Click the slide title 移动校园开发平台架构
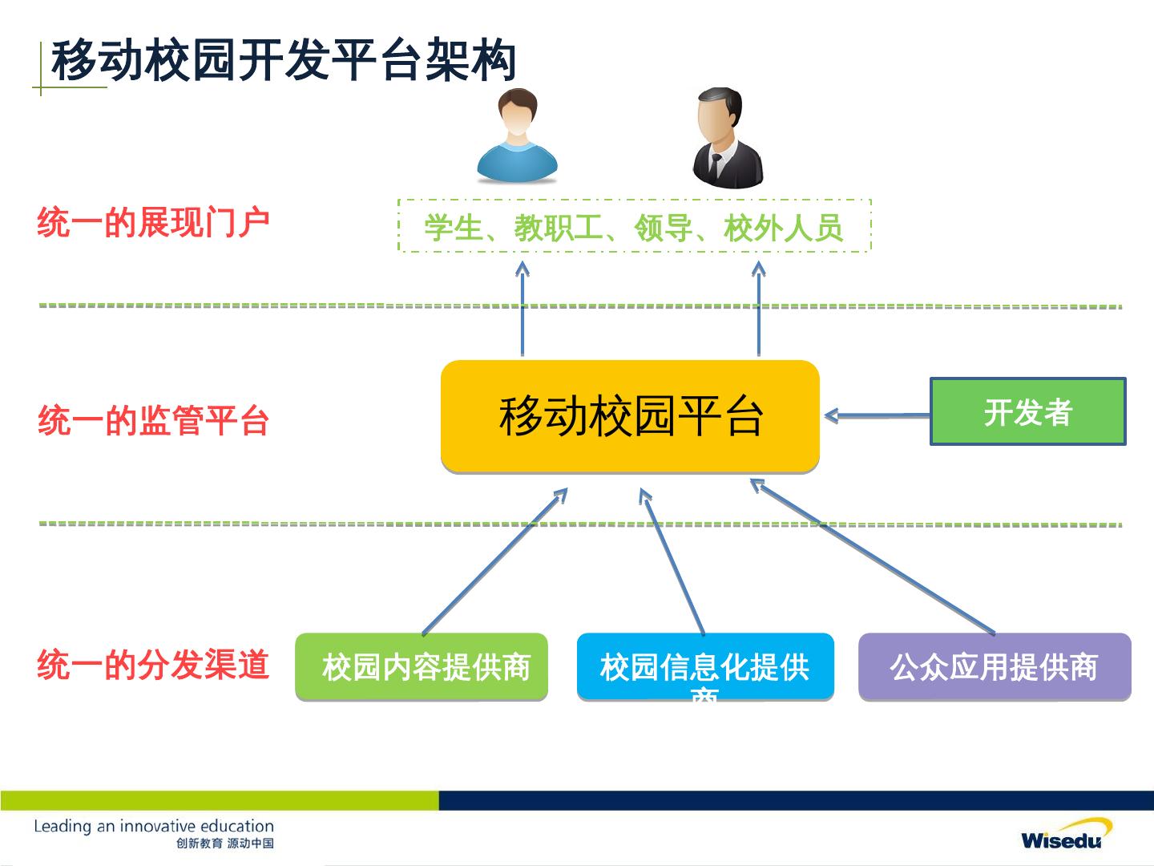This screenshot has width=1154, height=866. point(283,61)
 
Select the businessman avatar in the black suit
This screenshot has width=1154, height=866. point(726,140)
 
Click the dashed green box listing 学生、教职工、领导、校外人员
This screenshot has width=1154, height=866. point(634,226)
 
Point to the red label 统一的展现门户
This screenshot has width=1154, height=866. point(153,223)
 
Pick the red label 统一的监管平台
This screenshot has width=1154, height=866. point(153,421)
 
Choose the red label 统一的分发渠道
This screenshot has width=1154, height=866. point(153,666)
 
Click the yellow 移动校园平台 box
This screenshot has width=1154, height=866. point(630,416)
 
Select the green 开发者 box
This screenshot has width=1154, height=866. point(1028,412)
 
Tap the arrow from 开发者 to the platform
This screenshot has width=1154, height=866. point(878,415)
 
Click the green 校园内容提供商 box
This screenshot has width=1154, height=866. point(422,667)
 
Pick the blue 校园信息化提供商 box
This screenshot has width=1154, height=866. point(705,667)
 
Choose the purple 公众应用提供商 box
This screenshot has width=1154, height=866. point(995,667)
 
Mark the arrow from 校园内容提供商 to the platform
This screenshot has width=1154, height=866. point(494,562)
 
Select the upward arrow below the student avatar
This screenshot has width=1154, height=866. point(523,309)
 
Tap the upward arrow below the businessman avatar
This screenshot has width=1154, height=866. point(758,309)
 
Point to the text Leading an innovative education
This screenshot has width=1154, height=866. point(154,826)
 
